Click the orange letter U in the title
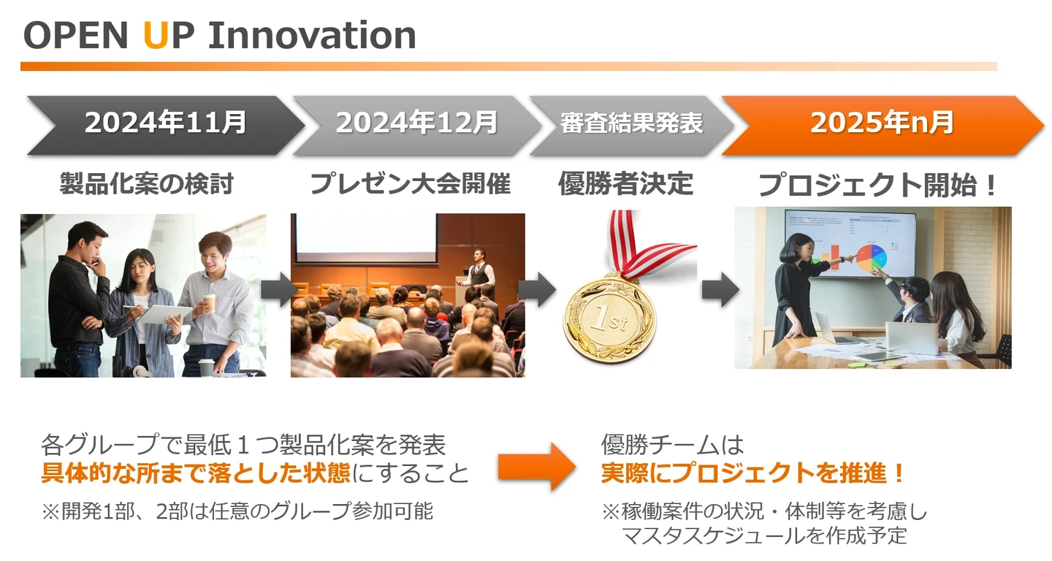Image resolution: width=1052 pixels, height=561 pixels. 156,35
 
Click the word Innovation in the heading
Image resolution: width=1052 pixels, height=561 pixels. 313,35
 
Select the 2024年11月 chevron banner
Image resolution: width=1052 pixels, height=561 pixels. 165,126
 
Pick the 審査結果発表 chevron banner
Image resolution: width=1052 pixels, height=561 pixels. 632,126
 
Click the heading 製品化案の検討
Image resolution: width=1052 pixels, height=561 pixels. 147,183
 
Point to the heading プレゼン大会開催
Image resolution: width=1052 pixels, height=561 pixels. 410,183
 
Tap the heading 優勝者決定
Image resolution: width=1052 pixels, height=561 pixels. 625,183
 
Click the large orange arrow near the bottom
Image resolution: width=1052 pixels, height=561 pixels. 537,467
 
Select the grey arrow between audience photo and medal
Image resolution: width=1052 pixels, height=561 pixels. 537,290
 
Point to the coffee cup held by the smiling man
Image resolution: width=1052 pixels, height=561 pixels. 209,303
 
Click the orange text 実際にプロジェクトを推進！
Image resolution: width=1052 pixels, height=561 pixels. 752,473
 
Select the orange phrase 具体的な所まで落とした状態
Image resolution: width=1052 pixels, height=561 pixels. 196,473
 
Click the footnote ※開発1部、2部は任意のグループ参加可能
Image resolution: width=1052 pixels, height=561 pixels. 237,511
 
